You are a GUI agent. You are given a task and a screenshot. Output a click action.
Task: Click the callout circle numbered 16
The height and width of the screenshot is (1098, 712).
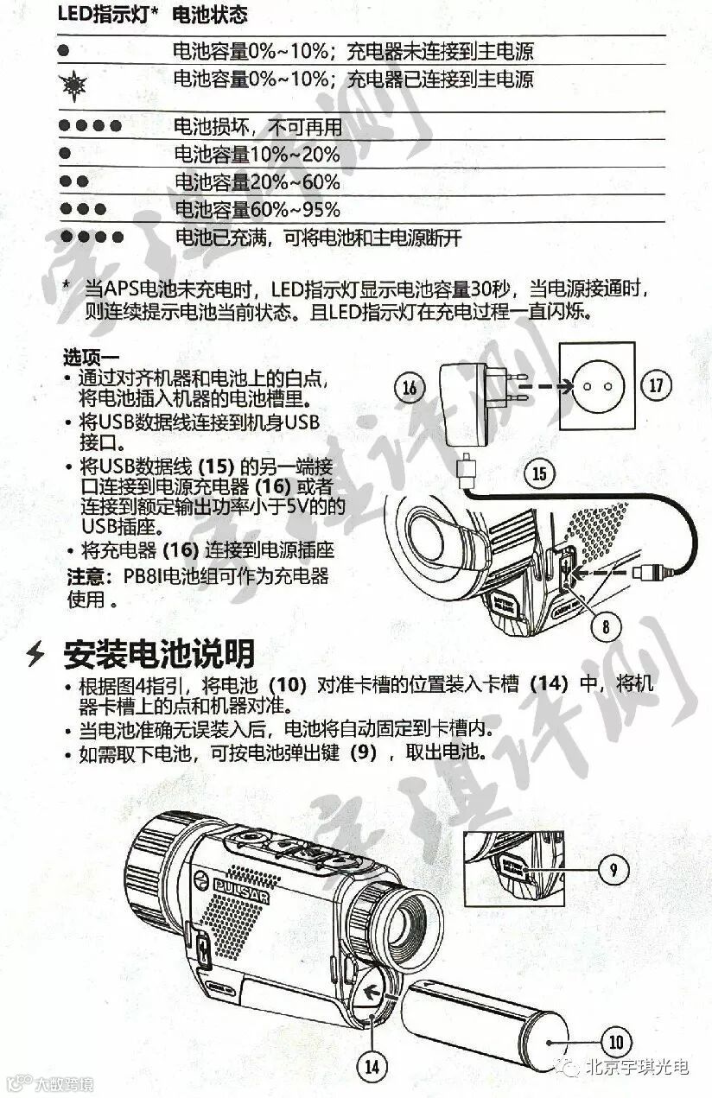coord(410,388)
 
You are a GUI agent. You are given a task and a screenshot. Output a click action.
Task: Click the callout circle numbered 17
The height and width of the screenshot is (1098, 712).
coord(656,385)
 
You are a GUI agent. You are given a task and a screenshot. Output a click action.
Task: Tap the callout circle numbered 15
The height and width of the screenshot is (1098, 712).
coord(539,473)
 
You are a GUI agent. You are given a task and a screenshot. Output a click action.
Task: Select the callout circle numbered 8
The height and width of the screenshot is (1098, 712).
coord(606,627)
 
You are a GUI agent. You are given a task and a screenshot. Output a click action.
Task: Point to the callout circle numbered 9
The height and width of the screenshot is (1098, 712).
coord(613,870)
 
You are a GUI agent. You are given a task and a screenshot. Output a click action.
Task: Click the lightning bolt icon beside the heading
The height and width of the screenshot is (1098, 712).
coord(35,655)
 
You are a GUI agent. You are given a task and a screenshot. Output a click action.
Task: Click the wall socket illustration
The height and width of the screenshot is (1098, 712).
coord(597,386)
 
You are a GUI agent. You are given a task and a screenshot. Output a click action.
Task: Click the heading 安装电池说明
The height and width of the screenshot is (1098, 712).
coord(159,654)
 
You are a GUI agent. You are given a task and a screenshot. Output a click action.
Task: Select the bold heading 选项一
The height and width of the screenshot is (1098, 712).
coord(92,358)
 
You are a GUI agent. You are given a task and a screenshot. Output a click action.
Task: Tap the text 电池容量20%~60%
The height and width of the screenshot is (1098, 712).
coord(257,182)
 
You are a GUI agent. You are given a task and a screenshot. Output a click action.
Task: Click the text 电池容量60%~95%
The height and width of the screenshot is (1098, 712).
coord(257,210)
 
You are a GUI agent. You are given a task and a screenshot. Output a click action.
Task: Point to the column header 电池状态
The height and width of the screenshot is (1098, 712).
coord(210,15)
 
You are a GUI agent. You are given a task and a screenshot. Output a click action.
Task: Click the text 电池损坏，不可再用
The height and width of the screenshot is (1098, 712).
coord(258,127)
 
